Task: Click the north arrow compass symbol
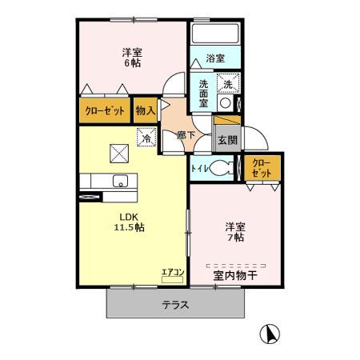point(270,334)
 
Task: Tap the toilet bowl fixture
point(220,168)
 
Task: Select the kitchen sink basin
point(120,181)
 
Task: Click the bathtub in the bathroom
point(215,34)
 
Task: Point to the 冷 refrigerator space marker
point(146,137)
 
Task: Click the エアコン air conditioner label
point(173,272)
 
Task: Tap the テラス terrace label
point(176,304)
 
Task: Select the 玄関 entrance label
point(227,140)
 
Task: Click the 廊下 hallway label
point(186,135)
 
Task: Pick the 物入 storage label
point(146,110)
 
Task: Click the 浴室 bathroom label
point(215,58)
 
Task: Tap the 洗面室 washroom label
point(203,94)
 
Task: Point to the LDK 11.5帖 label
point(130,222)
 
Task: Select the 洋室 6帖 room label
point(132,58)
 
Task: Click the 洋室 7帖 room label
point(235,232)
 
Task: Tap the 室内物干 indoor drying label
point(235,275)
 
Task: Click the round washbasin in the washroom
point(226,103)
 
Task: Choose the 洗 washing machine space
point(228,83)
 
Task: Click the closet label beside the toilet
point(262,168)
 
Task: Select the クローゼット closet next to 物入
point(105,110)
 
